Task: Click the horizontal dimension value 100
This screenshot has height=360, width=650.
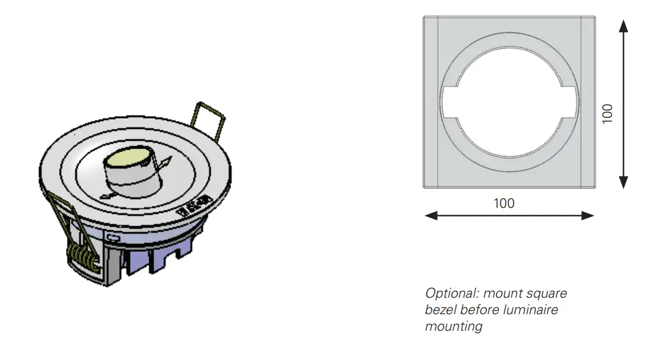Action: [504, 203]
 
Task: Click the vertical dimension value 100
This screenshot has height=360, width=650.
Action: [607, 114]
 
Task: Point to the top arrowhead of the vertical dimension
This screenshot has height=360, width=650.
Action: [623, 26]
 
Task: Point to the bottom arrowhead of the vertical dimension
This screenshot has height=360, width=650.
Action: [623, 182]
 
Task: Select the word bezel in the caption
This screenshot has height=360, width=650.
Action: [440, 310]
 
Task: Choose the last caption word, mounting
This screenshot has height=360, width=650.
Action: [453, 326]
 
